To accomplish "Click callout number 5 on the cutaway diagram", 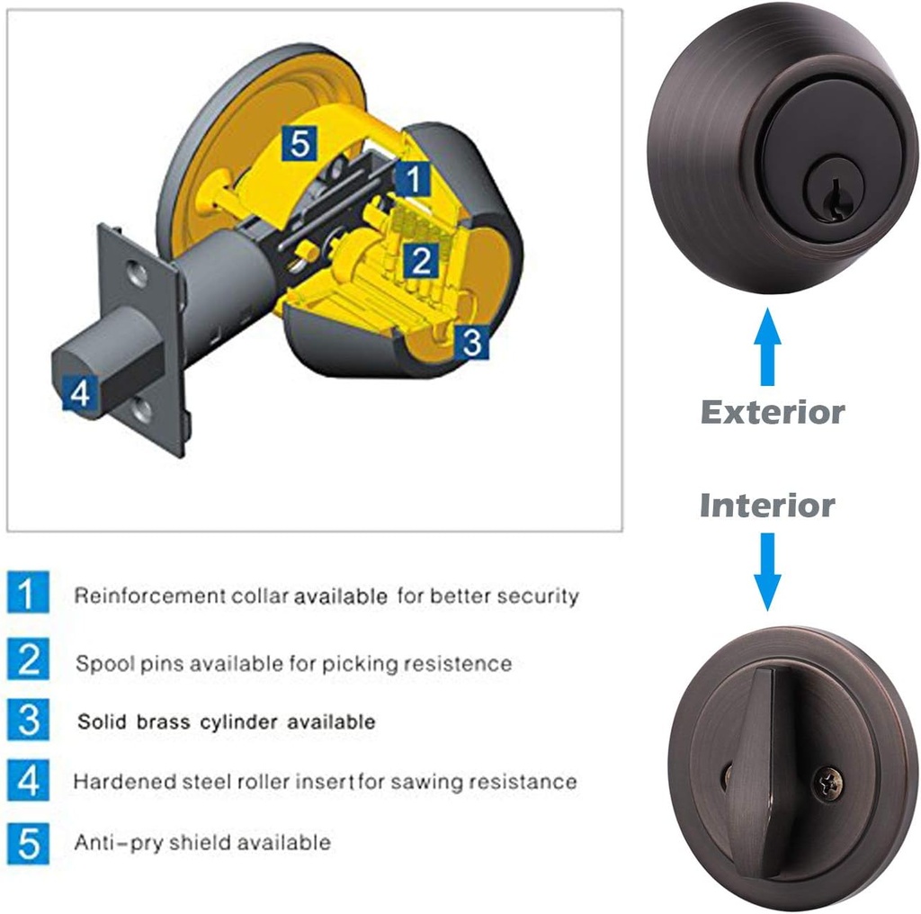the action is click(x=299, y=143).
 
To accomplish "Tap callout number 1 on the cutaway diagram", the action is click(x=414, y=178).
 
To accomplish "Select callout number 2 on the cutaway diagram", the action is click(x=421, y=260).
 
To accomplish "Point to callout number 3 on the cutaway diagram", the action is click(x=471, y=342).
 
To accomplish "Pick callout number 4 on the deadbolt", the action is click(x=80, y=392).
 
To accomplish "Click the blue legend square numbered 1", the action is click(x=28, y=592).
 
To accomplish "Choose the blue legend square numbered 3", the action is click(x=28, y=720).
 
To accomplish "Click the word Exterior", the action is click(x=773, y=412).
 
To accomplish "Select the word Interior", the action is click(x=767, y=506).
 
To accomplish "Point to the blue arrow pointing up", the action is click(x=767, y=346).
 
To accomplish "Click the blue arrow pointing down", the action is click(x=767, y=571).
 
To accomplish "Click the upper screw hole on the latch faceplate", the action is click(x=138, y=274).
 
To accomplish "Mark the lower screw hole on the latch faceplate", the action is click(x=141, y=408).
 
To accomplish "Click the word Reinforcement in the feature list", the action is click(x=150, y=596).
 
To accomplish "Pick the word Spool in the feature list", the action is click(x=105, y=664).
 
